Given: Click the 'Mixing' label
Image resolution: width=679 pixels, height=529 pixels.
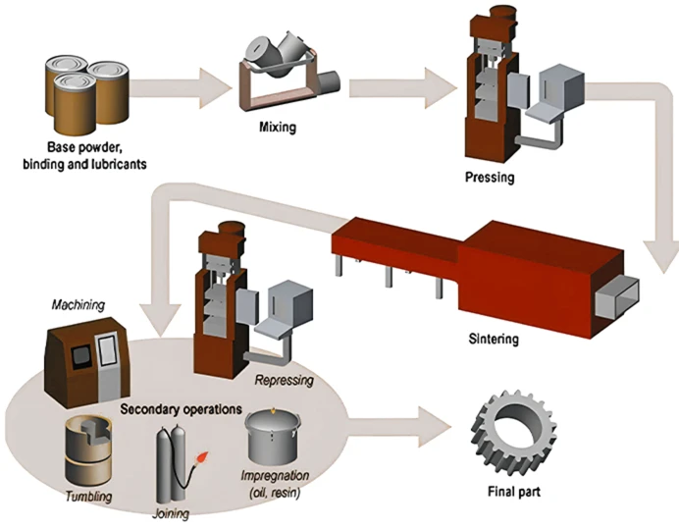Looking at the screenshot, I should [x=277, y=128].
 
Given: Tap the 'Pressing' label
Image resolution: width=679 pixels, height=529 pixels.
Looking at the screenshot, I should [x=489, y=178].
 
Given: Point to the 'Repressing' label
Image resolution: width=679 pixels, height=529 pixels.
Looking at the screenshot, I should [x=284, y=379].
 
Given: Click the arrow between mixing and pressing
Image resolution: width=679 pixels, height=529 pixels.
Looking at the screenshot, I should [x=402, y=85].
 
